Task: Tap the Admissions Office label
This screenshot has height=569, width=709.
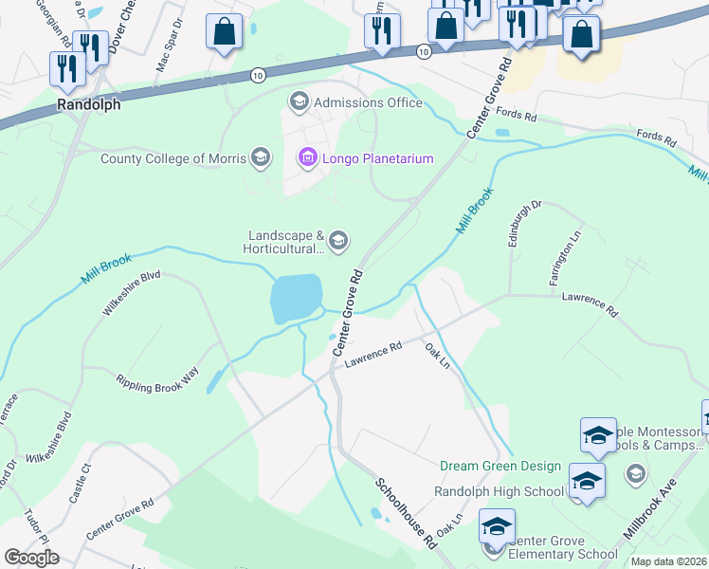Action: [x=368, y=102]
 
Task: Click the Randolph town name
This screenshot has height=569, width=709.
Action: [x=89, y=105]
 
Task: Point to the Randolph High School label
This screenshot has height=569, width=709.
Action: [x=499, y=491]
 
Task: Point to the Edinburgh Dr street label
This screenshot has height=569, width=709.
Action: [x=523, y=222]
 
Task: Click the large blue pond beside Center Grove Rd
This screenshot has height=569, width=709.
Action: [x=295, y=298]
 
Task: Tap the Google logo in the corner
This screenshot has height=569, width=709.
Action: [x=31, y=558]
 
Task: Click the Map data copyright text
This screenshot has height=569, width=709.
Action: [x=667, y=561]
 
